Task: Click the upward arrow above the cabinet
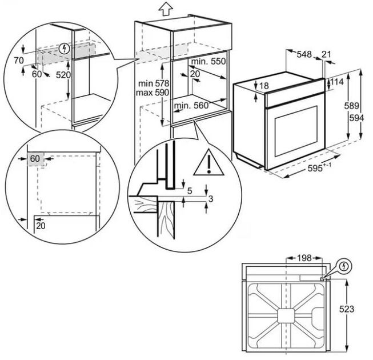pos(166,9)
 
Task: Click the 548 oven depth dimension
pos(304,54)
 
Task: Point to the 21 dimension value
pos(327,54)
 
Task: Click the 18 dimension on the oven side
pos(263,86)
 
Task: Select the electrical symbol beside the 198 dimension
pos(343,266)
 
